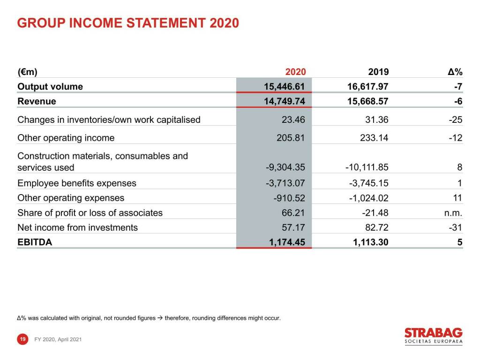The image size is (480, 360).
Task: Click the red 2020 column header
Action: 295,72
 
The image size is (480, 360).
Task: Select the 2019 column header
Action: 378,72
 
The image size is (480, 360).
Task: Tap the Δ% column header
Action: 455,72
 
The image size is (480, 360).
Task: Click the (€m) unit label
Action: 27,72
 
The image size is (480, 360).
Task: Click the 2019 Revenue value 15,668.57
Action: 367,101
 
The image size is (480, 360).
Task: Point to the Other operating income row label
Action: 66,138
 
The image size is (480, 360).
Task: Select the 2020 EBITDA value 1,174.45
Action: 285,242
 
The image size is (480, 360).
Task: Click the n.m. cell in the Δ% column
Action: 453,213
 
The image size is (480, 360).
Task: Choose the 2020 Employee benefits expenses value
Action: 285,183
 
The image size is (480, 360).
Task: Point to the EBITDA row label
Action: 35,242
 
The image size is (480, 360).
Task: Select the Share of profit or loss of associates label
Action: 90,213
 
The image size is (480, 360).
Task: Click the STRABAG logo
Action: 433,336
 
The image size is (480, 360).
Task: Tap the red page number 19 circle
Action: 22,339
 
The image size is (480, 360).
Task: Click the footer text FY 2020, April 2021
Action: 58,339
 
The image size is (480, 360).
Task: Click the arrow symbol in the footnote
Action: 160,318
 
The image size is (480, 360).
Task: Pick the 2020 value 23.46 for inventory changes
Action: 293,120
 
